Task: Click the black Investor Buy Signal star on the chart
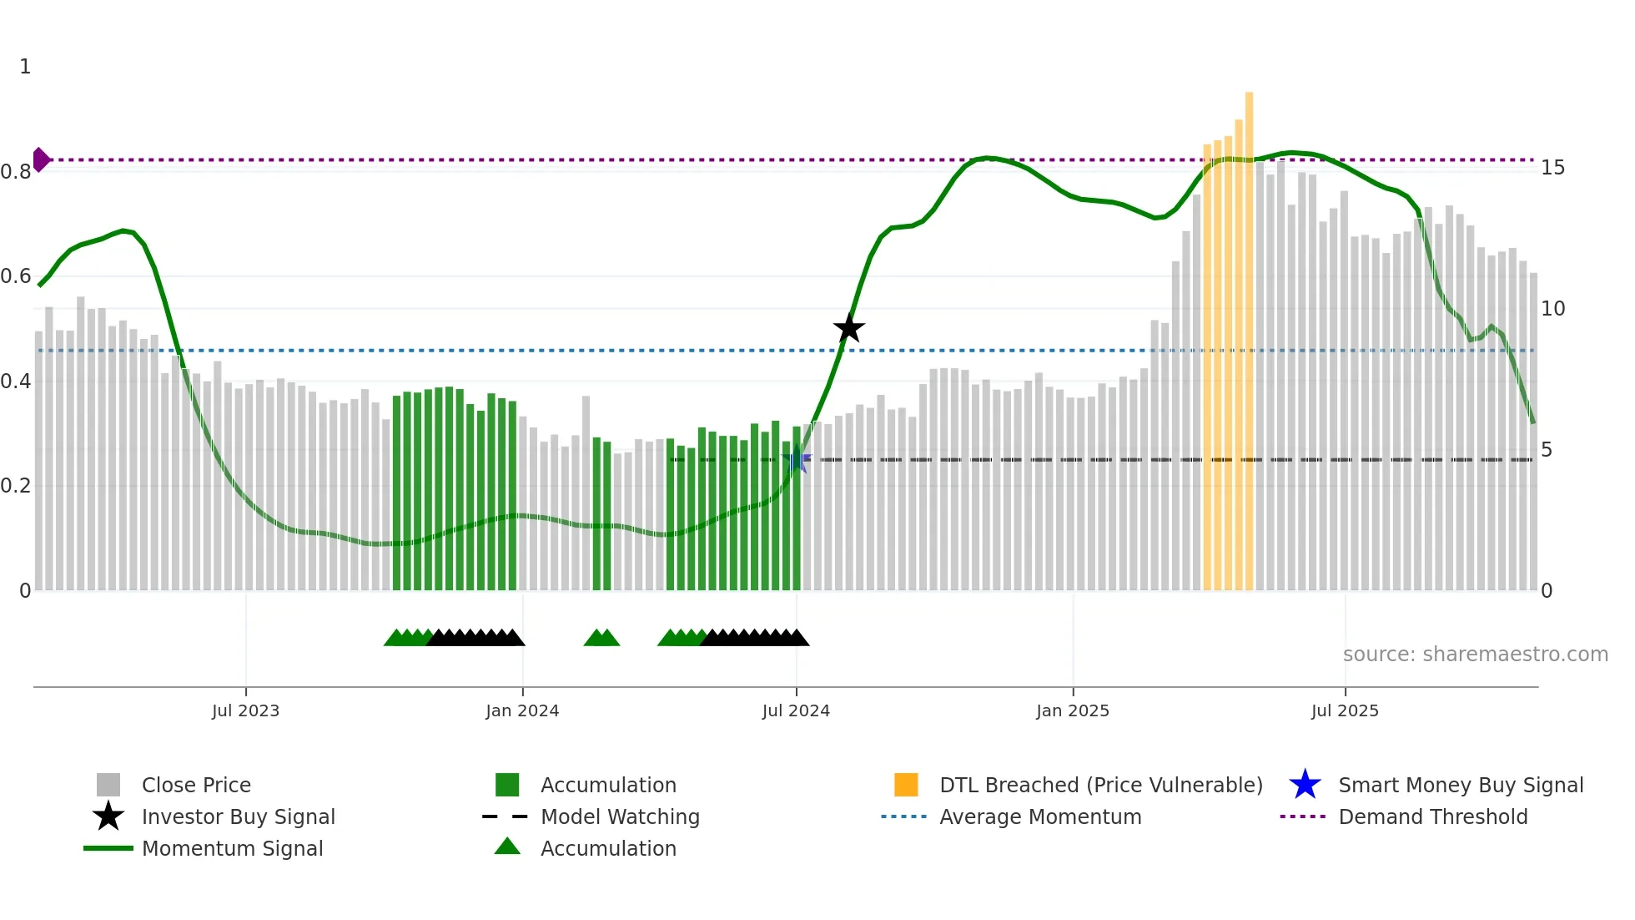(848, 329)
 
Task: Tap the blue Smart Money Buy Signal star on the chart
(797, 460)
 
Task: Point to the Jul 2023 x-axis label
(245, 710)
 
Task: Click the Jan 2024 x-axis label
(522, 710)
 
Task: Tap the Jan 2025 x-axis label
(1073, 710)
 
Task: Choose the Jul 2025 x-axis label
(1345, 710)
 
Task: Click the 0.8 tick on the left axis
(16, 172)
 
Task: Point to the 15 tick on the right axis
(1552, 168)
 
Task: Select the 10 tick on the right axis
(1552, 309)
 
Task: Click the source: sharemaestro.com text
(1475, 655)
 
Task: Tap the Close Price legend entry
(196, 785)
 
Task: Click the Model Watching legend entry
(620, 816)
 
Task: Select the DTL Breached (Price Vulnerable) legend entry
(1100, 785)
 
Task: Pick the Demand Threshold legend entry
(1432, 816)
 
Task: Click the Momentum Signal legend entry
(232, 848)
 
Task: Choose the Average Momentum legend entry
(1039, 816)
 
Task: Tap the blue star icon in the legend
(1305, 785)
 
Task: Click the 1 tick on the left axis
(25, 67)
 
